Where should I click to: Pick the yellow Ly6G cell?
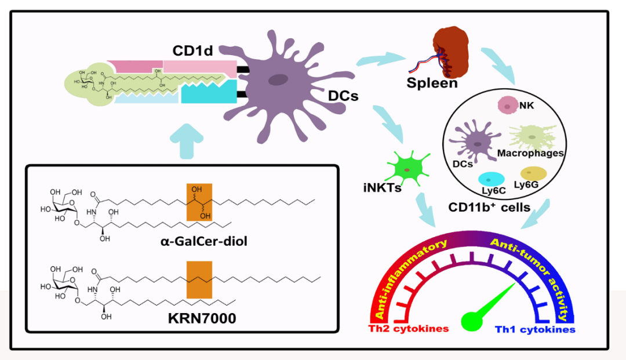533,173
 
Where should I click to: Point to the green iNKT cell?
409,168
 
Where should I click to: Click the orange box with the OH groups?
199,202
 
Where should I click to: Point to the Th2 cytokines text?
409,329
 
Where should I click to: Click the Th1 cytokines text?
534,329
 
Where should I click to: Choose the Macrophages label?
530,154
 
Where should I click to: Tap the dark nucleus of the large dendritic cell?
279,81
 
